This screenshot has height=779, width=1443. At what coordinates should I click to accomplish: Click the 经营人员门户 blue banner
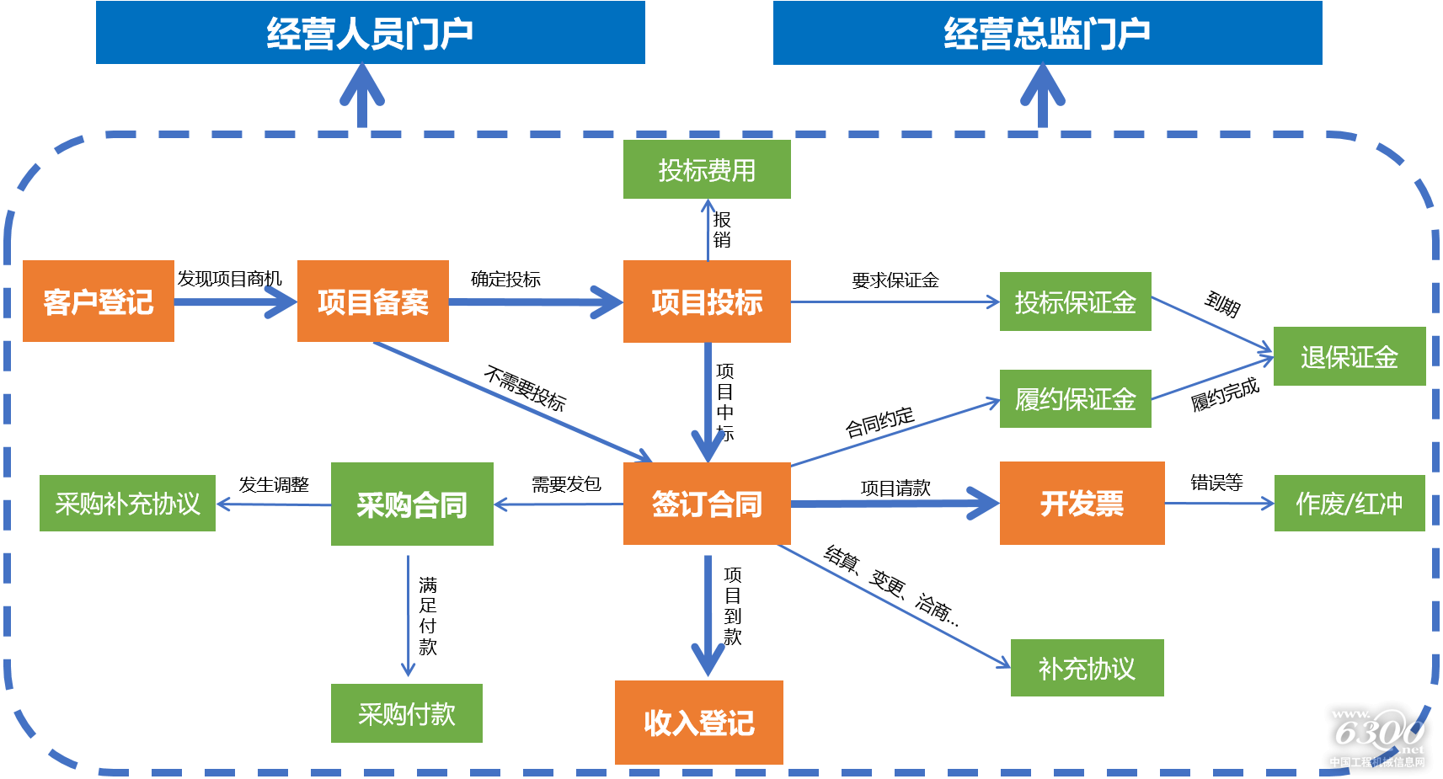pyautogui.click(x=370, y=33)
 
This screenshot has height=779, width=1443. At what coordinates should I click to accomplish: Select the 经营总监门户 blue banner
pyautogui.click(x=1047, y=33)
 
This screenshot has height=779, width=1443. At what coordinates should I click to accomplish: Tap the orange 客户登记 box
pyautogui.click(x=99, y=301)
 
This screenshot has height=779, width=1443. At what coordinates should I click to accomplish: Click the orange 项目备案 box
pyautogui.click(x=372, y=301)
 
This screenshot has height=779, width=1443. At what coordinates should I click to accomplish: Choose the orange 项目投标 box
pyautogui.click(x=707, y=301)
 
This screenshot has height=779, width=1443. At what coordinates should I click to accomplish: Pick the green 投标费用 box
pyautogui.click(x=707, y=170)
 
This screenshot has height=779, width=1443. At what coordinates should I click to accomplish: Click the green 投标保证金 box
pyautogui.click(x=1075, y=301)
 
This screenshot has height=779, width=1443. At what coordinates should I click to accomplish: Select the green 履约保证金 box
pyautogui.click(x=1075, y=398)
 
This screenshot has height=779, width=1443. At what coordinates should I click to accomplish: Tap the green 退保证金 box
pyautogui.click(x=1349, y=356)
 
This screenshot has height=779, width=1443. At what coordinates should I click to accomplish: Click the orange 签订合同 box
pyautogui.click(x=707, y=504)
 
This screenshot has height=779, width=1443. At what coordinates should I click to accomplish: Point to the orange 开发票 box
pyautogui.click(x=1082, y=504)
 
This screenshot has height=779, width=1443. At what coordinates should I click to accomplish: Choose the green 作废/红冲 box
pyautogui.click(x=1349, y=504)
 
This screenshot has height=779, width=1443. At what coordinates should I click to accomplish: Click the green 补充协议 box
pyautogui.click(x=1087, y=668)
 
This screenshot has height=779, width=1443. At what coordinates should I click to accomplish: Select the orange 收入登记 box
pyautogui.click(x=698, y=722)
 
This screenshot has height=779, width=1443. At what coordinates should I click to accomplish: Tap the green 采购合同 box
pyautogui.click(x=412, y=504)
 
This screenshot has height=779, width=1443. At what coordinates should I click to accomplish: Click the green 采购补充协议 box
pyautogui.click(x=127, y=504)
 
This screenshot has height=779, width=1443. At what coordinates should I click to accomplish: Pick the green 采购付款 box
pyautogui.click(x=406, y=713)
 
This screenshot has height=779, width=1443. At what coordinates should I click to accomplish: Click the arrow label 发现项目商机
pyautogui.click(x=229, y=278)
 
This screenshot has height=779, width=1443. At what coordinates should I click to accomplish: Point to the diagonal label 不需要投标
pyautogui.click(x=525, y=387)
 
